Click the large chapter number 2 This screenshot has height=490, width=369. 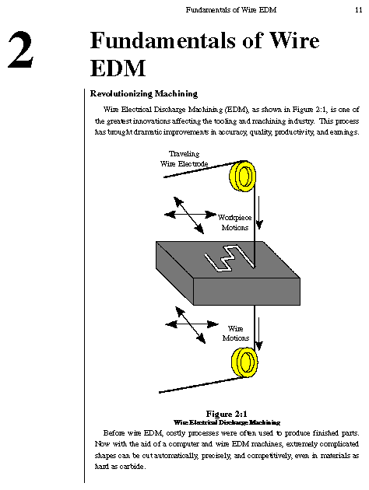(21, 49)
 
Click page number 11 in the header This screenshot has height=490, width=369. (358, 9)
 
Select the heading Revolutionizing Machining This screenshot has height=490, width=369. (144, 94)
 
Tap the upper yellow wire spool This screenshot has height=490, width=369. (243, 176)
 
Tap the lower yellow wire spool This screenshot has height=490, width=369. (244, 362)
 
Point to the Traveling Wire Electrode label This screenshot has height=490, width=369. (184, 159)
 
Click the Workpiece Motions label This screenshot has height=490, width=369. (235, 222)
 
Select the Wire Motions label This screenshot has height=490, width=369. (235, 333)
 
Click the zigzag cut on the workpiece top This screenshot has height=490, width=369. (229, 258)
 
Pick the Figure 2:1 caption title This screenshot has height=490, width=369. (227, 414)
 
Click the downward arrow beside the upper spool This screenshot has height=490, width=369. (259, 212)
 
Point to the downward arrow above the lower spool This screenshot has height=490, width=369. (258, 334)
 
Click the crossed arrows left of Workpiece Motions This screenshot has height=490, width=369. (189, 215)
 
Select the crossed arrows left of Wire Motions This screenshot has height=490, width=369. (191, 324)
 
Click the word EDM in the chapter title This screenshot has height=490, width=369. (118, 68)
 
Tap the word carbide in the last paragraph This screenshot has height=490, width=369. (132, 467)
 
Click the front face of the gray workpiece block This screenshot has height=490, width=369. (247, 292)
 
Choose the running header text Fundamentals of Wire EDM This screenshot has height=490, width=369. (231, 9)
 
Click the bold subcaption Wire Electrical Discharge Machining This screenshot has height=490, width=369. (227, 422)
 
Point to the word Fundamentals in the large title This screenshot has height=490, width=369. (163, 40)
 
